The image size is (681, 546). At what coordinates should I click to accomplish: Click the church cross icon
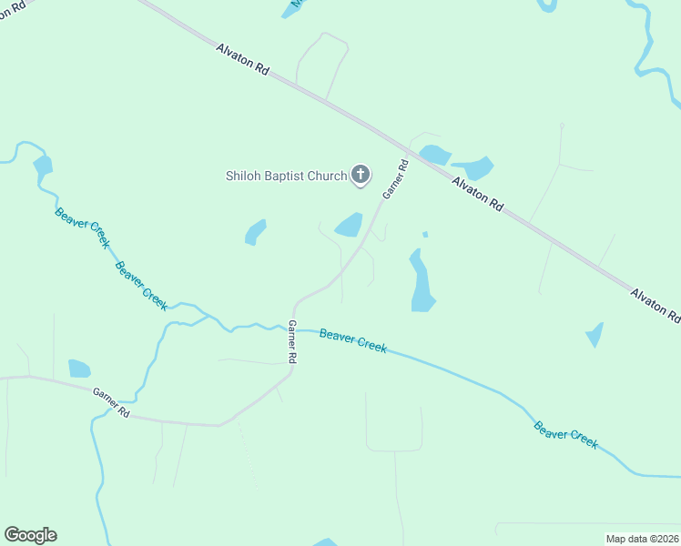pos(361,174)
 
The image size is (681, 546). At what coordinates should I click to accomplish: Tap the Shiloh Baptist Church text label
pos(286,176)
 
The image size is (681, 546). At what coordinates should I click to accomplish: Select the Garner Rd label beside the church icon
pos(395,180)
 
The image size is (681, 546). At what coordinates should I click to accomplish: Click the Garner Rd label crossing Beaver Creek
pos(292,343)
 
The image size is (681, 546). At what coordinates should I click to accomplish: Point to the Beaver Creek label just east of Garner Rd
pos(353,340)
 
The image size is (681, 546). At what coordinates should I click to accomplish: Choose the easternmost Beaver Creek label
pos(565,434)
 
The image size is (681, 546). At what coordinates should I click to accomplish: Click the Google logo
pos(30,535)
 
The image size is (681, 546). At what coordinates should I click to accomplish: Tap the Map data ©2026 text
pos(643,539)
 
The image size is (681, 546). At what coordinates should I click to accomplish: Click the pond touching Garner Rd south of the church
pos(350,225)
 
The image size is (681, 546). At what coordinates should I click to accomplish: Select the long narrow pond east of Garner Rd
pos(421,281)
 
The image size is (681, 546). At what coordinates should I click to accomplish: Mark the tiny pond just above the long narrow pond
pos(425,235)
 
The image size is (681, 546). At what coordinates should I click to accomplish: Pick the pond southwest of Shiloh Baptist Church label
pos(255,232)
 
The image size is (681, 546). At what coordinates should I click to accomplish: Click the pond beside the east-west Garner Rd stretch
pos(79,369)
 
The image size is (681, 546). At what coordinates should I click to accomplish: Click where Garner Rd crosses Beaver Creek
pos(293,328)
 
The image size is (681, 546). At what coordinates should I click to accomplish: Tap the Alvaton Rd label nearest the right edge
pos(656,306)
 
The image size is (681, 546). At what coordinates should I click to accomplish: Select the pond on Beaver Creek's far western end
pos(42,166)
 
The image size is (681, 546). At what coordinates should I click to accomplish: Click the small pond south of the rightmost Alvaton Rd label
pos(595,335)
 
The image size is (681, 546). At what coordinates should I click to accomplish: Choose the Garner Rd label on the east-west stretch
pos(111,402)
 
